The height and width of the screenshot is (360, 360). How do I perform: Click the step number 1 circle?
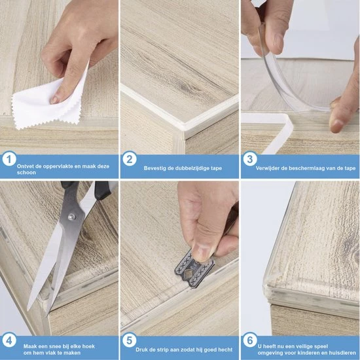pyautogui.click(x=9, y=159)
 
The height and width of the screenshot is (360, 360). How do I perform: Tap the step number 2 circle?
pyautogui.click(x=130, y=159)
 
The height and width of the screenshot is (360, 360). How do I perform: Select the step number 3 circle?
pyautogui.click(x=250, y=159)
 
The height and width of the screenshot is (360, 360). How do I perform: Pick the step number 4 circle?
pyautogui.click(x=9, y=340)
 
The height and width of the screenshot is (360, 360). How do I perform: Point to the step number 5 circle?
pyautogui.click(x=130, y=340)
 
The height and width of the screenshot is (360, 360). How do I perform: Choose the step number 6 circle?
pyautogui.click(x=250, y=340)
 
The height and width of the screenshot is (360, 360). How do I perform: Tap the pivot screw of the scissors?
pyautogui.click(x=72, y=216)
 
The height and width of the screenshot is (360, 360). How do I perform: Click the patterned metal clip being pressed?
pyautogui.click(x=194, y=270)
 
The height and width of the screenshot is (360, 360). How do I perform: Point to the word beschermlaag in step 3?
pyautogui.click(x=306, y=168)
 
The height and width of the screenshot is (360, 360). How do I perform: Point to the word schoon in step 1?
pyautogui.click(x=26, y=172)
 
